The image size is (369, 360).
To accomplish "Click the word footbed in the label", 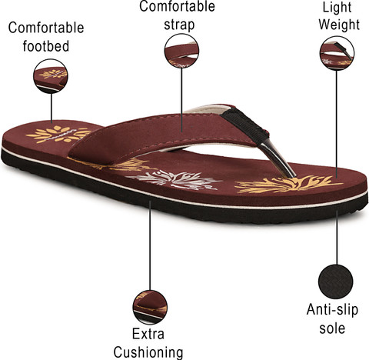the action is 46,46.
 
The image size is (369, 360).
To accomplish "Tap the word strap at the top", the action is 179,25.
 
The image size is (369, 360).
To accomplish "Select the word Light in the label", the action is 337,8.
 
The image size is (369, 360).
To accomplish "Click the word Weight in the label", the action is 339,25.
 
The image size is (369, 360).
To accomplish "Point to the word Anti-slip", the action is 332,309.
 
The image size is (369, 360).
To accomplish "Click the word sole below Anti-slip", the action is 332,328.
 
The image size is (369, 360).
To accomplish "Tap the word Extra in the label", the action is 148,334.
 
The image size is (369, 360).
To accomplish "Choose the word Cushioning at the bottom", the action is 148,352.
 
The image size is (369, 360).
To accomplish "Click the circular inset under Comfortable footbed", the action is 51,76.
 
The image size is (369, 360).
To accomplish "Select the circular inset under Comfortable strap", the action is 181,51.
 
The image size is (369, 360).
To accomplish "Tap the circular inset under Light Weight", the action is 337,53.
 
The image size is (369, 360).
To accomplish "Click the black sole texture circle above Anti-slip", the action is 336,282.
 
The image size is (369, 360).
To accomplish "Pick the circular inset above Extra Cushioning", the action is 150,307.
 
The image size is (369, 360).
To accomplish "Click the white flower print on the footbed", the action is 175,180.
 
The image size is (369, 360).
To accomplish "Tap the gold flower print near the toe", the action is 288,185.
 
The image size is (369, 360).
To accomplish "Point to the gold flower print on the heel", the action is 58,134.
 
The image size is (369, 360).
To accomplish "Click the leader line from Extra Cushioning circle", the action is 150,245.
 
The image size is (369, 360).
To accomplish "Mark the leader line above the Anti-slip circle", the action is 337,238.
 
